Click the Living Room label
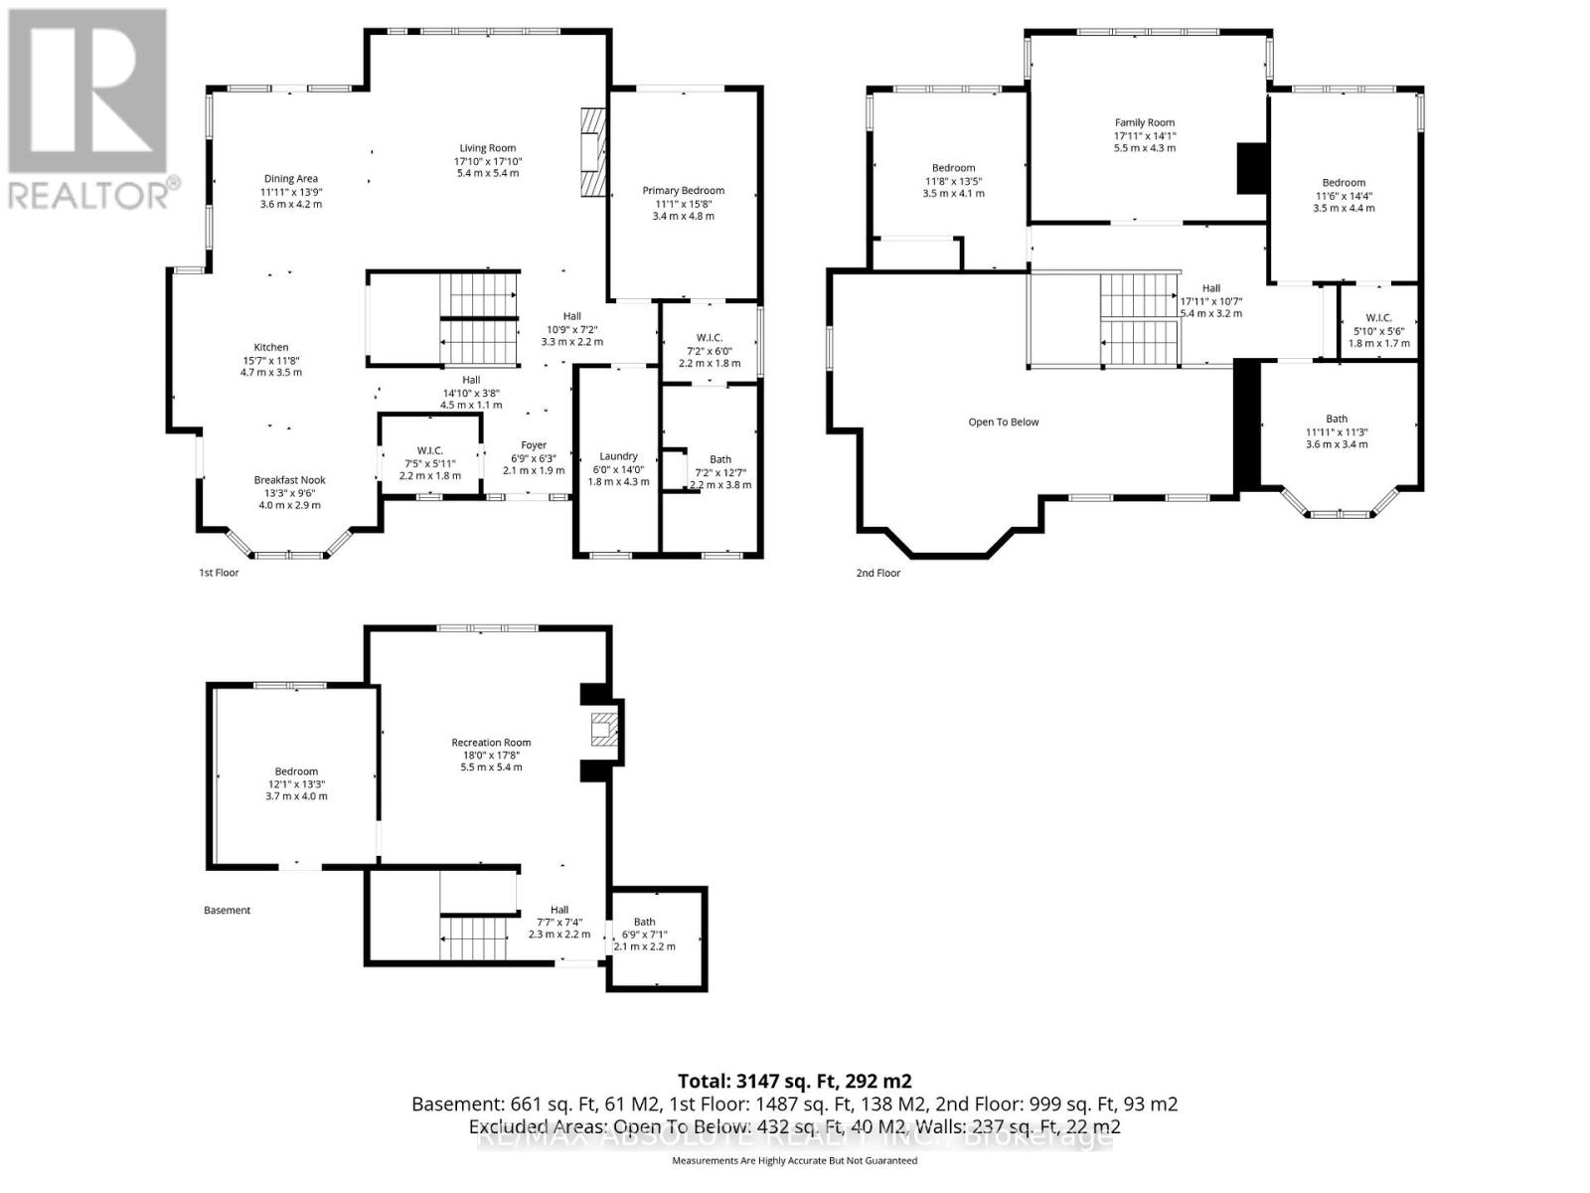[488, 148]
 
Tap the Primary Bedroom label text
[683, 191]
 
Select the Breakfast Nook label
[289, 480]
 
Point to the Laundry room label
[618, 456]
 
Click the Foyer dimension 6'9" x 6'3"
[534, 458]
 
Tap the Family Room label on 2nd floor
[1144, 123]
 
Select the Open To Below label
[1004, 423]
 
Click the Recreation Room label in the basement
[491, 743]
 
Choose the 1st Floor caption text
[219, 573]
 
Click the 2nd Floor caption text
[878, 573]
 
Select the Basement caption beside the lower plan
[227, 911]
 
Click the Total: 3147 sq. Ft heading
[794, 1081]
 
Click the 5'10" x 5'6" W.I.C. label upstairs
[1378, 331]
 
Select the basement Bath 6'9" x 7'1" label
[644, 935]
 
